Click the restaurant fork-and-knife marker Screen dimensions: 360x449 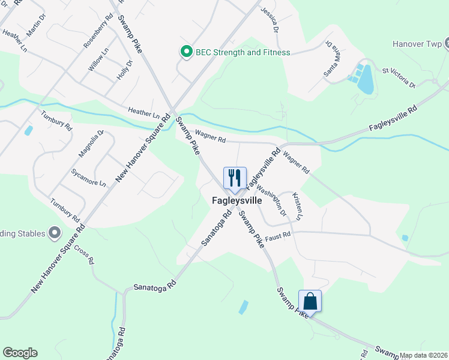point(234,178)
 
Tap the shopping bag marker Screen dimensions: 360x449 point(310,301)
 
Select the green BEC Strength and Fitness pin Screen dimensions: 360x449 point(186,52)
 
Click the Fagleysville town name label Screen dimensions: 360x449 point(237,200)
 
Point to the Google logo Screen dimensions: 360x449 point(20,353)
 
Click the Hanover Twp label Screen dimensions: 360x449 point(416,44)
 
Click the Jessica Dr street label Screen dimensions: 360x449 point(270,20)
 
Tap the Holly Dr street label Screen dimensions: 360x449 point(123,70)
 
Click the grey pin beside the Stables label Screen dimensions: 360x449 point(55,233)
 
